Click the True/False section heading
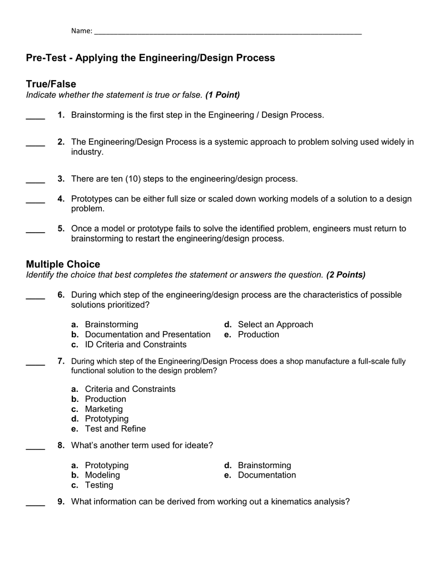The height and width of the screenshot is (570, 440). (51, 84)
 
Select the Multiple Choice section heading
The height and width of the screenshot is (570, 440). (63, 264)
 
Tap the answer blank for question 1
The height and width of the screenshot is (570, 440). (36, 117)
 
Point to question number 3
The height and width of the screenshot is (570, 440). (61, 179)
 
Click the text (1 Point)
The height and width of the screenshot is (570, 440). (223, 95)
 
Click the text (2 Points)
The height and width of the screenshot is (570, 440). (346, 274)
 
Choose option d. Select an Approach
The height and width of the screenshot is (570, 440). (275, 325)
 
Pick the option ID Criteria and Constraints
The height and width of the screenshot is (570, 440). (136, 345)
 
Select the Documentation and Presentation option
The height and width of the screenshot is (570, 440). (147, 335)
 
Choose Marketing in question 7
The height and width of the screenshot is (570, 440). (104, 409)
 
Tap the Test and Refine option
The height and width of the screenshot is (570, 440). (115, 429)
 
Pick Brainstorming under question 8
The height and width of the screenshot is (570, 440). (264, 465)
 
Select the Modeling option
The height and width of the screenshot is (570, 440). (102, 475)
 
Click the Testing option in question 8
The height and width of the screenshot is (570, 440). (99, 485)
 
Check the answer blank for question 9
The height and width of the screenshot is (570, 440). (36, 504)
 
